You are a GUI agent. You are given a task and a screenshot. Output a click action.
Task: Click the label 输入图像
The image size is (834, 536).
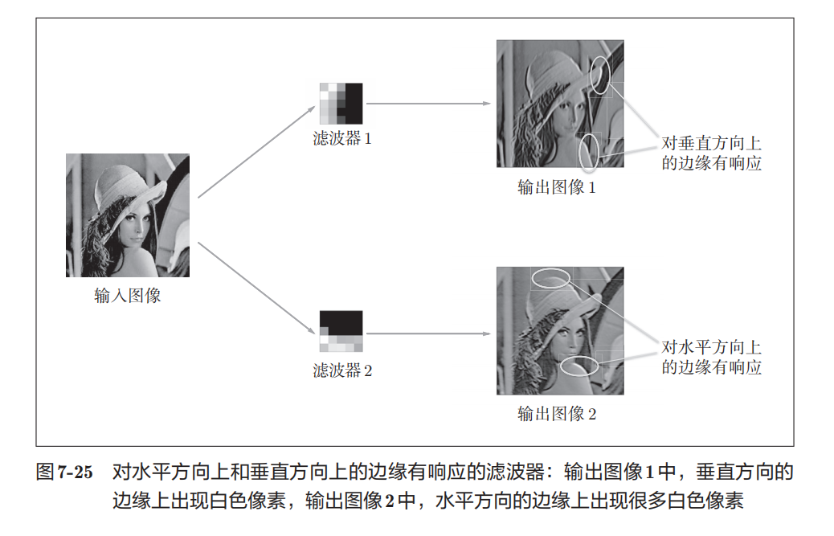pyautogui.click(x=128, y=295)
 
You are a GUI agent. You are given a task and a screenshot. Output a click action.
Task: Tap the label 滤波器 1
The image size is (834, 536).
pyautogui.click(x=342, y=138)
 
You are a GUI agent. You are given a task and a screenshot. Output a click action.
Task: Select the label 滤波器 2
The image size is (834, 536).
pyautogui.click(x=342, y=370)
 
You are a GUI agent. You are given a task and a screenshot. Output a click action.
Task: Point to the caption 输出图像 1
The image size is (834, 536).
pyautogui.click(x=556, y=186)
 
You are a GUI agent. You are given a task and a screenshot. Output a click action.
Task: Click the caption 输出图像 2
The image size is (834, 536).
pyautogui.click(x=556, y=413)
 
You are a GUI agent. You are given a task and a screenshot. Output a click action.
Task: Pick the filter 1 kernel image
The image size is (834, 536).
pyautogui.click(x=341, y=103)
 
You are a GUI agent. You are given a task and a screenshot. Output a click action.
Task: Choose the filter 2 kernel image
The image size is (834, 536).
pyautogui.click(x=341, y=331)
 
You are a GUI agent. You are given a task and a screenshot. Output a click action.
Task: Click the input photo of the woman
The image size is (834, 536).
pyautogui.click(x=128, y=215)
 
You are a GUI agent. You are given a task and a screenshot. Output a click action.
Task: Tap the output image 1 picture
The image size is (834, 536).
pyautogui.click(x=560, y=104)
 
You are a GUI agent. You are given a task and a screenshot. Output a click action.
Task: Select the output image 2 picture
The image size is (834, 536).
pyautogui.click(x=560, y=331)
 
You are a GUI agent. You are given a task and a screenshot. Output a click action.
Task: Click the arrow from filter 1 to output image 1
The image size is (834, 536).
pyautogui.click(x=429, y=103)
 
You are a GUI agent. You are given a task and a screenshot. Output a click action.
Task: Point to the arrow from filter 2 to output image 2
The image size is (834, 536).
pyautogui.click(x=429, y=334)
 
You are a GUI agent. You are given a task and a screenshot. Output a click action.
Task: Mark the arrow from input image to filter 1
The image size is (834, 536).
pyautogui.click(x=256, y=152)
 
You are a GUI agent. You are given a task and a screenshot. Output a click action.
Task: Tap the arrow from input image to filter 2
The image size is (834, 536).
pyautogui.click(x=256, y=288)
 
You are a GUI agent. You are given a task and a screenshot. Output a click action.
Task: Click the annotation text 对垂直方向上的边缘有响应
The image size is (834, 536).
pyautogui.click(x=711, y=153)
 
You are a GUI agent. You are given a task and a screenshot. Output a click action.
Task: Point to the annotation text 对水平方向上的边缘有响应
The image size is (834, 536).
pyautogui.click(x=711, y=357)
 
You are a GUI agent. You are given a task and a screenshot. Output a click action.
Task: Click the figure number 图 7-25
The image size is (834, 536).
pyautogui.click(x=64, y=473)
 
